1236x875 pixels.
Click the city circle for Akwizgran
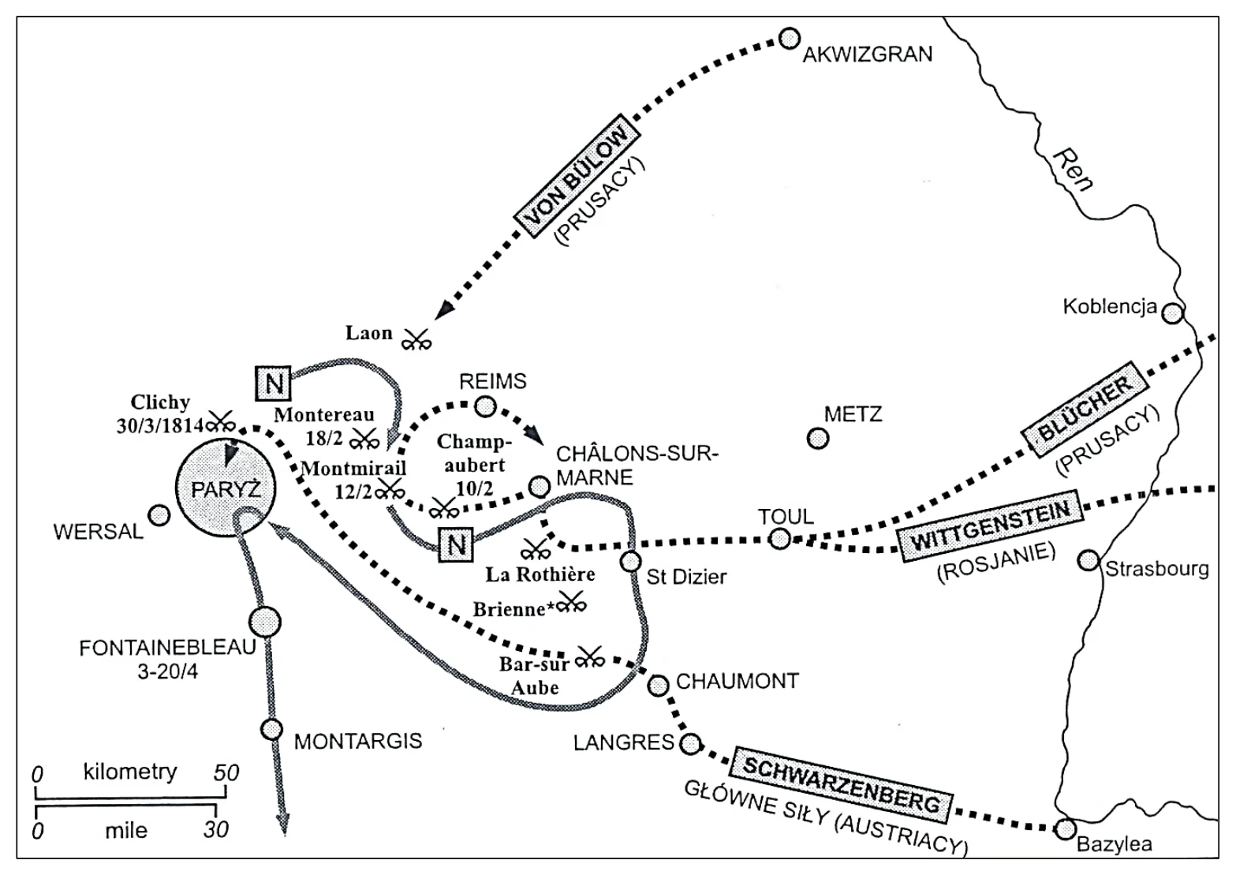click(x=789, y=39)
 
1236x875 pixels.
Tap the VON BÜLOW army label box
click(x=577, y=175)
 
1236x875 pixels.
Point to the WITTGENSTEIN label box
click(x=991, y=525)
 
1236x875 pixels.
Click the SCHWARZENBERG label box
click(x=842, y=785)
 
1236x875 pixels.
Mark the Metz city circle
click(x=818, y=439)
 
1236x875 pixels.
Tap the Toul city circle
click(x=779, y=538)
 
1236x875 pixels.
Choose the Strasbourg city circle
click(x=1089, y=561)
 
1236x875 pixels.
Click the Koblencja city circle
click(x=1173, y=313)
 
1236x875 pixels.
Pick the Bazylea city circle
click(x=1066, y=829)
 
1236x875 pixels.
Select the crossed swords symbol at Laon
click(x=416, y=340)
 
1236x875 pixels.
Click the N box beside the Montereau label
click(x=273, y=383)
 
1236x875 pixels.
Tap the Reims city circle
click(x=486, y=407)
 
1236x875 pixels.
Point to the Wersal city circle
click(x=159, y=515)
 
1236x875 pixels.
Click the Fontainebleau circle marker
click(x=265, y=623)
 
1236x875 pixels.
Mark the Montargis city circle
click(x=271, y=729)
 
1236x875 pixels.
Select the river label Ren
click(x=1073, y=170)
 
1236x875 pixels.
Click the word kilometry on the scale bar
click(x=130, y=772)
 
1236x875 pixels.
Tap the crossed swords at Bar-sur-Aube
click(x=590, y=657)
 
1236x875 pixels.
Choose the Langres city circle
click(x=689, y=743)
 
